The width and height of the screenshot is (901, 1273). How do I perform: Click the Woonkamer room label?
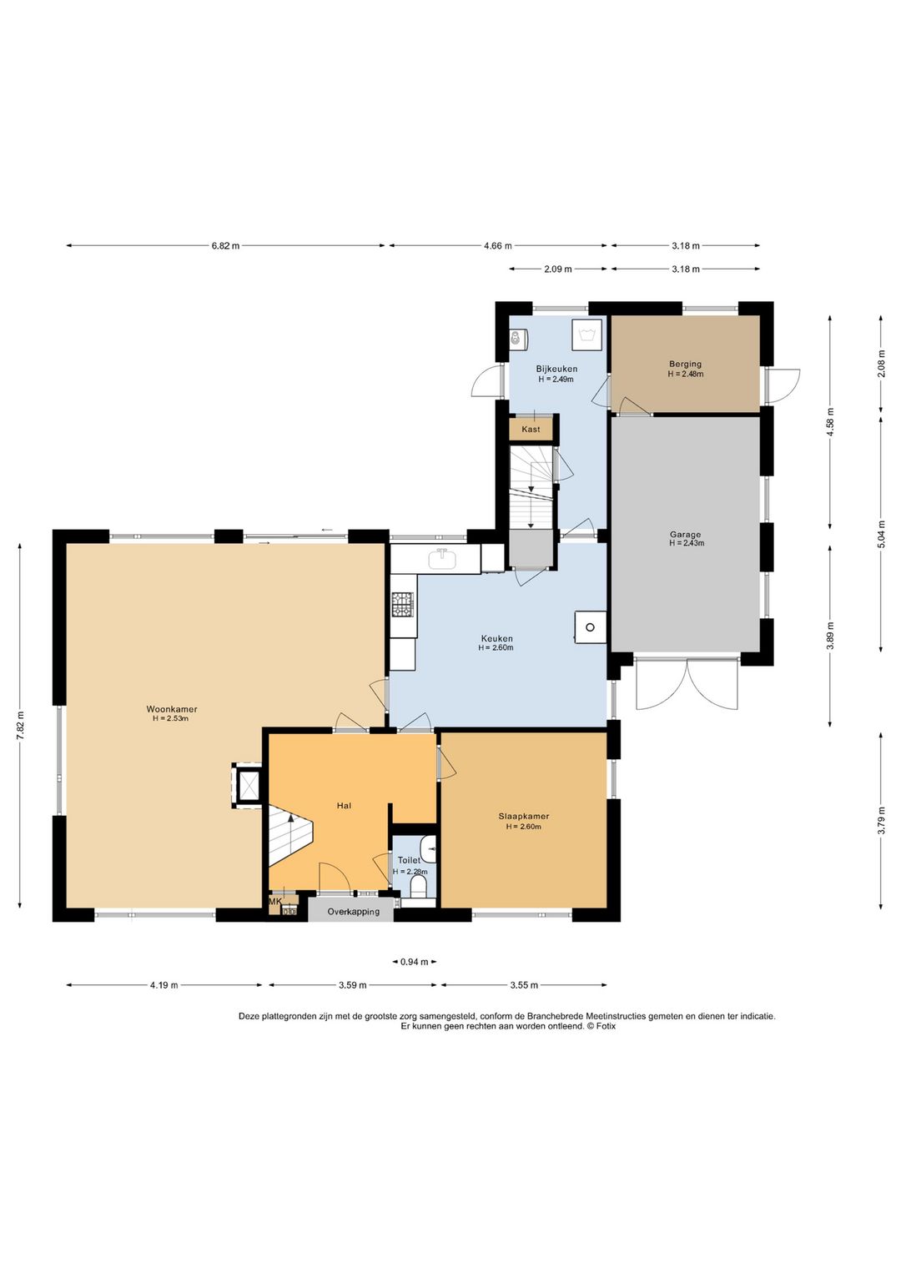(x=172, y=709)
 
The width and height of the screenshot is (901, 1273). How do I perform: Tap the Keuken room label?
(x=496, y=638)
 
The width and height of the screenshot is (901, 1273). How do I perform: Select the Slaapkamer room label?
(x=524, y=817)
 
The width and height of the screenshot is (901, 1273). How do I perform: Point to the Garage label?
(x=685, y=534)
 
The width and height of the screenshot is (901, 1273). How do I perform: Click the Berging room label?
(x=685, y=364)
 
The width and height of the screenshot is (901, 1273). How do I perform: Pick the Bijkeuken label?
(x=556, y=369)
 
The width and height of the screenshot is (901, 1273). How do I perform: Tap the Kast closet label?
(x=531, y=429)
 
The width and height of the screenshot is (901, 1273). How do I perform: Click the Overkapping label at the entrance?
(x=353, y=912)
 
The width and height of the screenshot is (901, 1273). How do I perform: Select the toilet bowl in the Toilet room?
(x=419, y=886)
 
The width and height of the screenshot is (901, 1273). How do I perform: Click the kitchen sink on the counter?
(x=442, y=559)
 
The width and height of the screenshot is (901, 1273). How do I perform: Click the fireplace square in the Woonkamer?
(x=249, y=785)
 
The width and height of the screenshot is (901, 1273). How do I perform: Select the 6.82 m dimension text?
(x=226, y=246)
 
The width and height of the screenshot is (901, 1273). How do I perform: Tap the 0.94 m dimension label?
(x=415, y=962)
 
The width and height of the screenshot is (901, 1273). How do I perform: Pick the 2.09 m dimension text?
(x=557, y=269)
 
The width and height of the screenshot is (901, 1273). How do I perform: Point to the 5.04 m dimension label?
(x=881, y=534)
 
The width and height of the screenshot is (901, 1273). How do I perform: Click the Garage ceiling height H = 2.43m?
(x=687, y=543)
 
